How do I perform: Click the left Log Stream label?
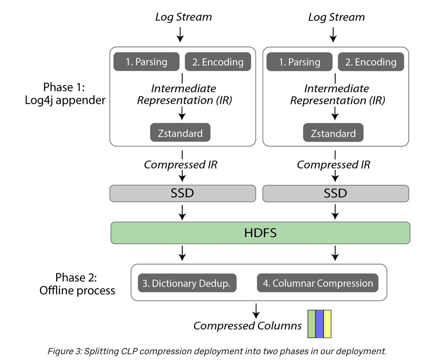183,17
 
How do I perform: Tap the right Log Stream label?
336,17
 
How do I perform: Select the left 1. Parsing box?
146,62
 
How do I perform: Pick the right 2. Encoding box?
371,62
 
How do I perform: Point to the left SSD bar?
182,193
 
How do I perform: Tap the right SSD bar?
335,193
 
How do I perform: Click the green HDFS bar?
260,233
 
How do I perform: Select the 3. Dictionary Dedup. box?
187,283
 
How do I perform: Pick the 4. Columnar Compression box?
317,283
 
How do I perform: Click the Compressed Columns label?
247,326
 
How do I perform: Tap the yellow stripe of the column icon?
327,324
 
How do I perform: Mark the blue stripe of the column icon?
320,324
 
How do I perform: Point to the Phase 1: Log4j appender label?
65,94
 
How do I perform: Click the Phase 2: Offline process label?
77,284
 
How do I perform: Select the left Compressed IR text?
180,165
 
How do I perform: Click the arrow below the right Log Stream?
333,35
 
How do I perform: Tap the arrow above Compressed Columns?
256,311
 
